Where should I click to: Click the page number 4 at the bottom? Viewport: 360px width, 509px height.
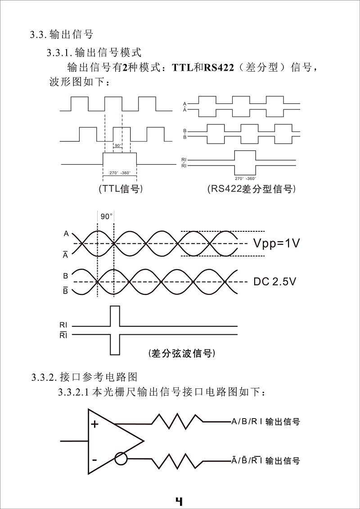179,501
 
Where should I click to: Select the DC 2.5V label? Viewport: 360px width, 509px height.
274,282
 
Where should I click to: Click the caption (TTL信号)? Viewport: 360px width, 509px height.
121,189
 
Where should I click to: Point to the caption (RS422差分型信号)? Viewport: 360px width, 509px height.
252,189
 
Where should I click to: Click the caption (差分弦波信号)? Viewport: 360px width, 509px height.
181,353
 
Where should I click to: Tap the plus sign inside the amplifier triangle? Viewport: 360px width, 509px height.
94,424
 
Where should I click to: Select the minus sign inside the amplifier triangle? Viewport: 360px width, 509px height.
94,460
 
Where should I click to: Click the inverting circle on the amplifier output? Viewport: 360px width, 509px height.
121,459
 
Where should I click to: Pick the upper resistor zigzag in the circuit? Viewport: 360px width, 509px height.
177,421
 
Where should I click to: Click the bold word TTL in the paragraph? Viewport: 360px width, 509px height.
180,68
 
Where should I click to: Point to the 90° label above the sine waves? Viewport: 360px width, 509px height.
106,216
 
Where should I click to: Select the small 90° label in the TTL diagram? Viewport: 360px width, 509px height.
118,145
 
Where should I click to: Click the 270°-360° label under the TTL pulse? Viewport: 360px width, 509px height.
121,173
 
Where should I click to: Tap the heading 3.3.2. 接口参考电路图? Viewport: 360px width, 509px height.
85,377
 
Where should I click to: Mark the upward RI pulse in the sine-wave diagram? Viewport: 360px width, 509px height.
115,316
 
